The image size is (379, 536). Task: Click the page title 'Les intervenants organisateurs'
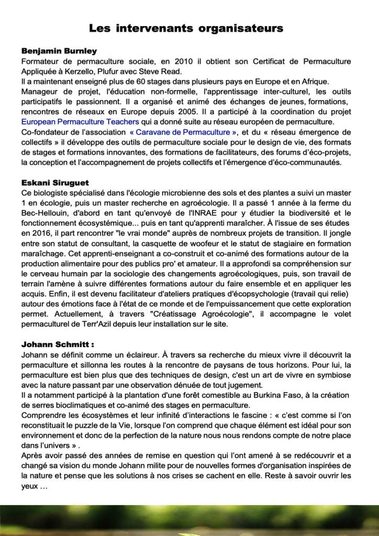tap(186, 28)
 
